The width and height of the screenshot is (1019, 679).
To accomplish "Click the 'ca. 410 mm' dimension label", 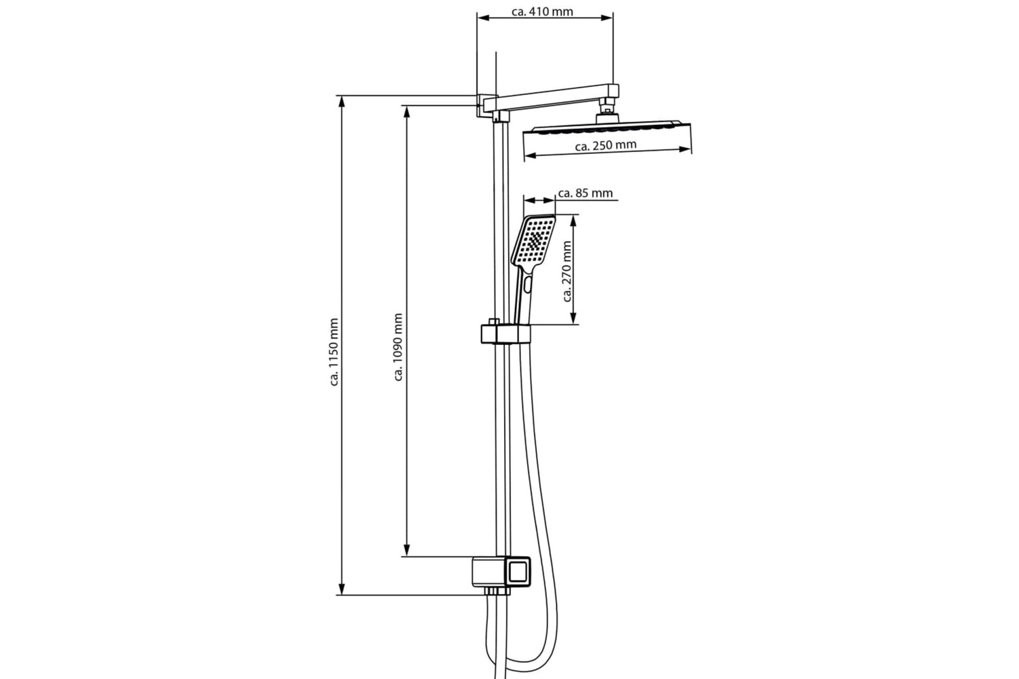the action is coord(542,12).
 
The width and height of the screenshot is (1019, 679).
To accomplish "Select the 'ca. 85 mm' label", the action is coord(586,194).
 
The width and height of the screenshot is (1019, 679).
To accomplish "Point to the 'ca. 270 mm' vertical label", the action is coord(567,272).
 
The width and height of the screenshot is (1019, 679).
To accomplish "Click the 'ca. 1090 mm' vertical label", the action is coord(399,347).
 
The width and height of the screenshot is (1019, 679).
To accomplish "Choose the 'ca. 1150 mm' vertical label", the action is coord(334,352).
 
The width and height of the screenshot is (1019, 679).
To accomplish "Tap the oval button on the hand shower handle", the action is coord(527,285).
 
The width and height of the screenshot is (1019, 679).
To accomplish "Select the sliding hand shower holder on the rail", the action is coord(505,333).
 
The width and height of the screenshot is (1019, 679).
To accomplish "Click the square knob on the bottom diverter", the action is coord(518,572).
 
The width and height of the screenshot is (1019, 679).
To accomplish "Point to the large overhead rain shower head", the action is coord(607,128).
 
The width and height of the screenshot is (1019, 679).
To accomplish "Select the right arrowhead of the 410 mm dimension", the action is coord(607,18).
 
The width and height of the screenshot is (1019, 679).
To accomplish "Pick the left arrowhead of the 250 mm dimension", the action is coord(531,156).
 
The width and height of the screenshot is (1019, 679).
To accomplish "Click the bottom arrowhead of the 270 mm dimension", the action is coord(573,318).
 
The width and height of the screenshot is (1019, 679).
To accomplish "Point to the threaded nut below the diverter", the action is coord(497,591).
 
